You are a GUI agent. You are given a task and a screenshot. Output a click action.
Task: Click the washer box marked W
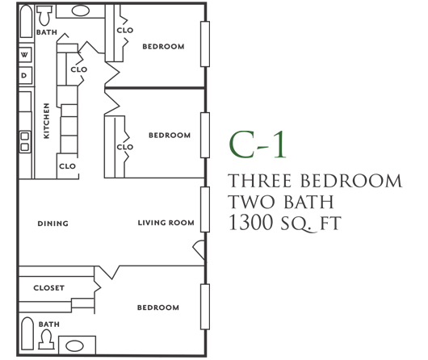(x=25, y=55)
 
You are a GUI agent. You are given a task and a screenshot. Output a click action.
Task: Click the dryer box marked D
(x=25, y=75)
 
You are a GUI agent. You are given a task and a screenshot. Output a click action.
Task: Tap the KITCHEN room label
(x=47, y=120)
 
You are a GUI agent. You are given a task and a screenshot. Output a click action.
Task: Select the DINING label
(x=53, y=224)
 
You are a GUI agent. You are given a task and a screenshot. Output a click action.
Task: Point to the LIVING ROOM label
(x=166, y=223)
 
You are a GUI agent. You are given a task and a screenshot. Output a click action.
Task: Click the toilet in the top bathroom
(x=44, y=15)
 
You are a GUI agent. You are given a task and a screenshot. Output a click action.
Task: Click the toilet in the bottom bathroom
(x=47, y=339)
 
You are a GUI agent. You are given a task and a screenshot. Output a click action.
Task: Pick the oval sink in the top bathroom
(x=81, y=10)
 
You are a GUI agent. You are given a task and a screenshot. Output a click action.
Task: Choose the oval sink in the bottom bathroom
(x=74, y=345)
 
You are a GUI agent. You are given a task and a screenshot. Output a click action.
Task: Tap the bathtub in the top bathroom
(x=26, y=21)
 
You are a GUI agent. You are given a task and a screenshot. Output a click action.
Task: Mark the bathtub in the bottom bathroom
(x=27, y=333)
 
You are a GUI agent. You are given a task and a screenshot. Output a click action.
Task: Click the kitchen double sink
(x=25, y=141)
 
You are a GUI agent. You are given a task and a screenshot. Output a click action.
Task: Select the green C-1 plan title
(x=258, y=144)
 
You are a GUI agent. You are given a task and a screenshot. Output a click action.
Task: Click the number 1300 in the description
(x=251, y=222)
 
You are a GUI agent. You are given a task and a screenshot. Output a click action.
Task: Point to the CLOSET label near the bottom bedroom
(x=49, y=288)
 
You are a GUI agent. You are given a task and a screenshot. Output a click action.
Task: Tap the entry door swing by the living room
(x=199, y=249)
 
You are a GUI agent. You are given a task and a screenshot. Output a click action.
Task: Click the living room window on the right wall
(x=205, y=209)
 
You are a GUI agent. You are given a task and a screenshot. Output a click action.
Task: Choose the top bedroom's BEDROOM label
(x=163, y=46)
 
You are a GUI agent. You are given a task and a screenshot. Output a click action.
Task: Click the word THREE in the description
(x=259, y=181)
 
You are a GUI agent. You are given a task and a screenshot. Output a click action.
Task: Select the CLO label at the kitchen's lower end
(x=67, y=166)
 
